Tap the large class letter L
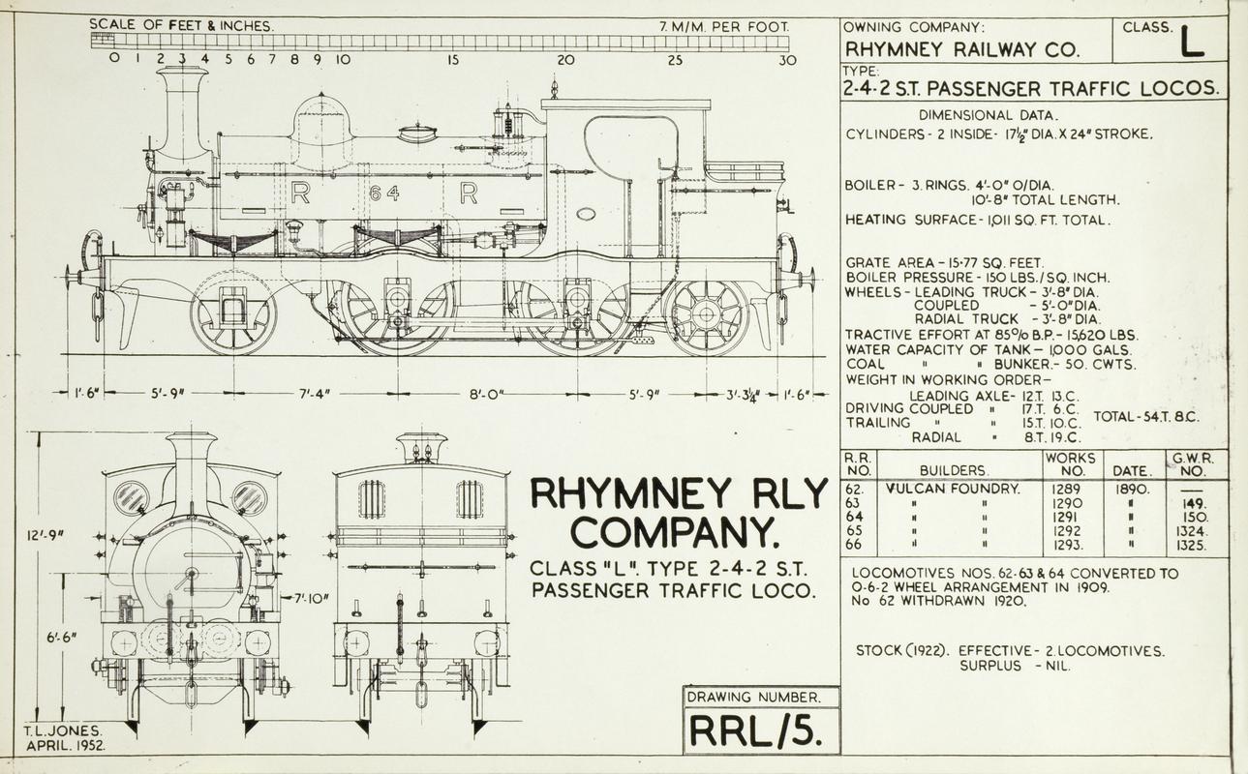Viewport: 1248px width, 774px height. point(1193,45)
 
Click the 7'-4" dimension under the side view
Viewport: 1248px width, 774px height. point(314,394)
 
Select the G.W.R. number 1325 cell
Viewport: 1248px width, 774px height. point(1192,545)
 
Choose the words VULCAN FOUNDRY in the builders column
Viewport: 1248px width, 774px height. point(953,489)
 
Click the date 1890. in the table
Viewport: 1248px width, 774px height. point(1130,489)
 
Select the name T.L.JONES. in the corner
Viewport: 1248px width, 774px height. point(63,731)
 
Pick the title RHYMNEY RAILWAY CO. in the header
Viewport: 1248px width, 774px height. point(962,50)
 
